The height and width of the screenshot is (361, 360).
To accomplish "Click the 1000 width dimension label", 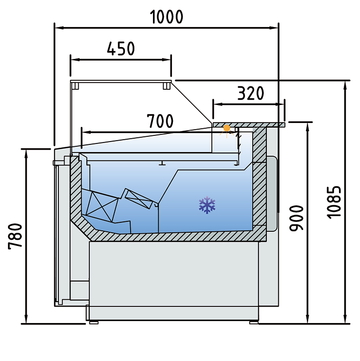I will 166,17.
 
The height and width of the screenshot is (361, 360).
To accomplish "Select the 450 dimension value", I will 121,48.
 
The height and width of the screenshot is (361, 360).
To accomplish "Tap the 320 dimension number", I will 250,94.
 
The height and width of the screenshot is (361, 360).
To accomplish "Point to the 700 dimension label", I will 160,122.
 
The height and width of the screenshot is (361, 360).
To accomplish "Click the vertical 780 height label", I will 15,236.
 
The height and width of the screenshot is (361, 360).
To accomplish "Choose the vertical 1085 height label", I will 334,201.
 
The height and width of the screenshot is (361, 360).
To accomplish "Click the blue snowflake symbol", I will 207,205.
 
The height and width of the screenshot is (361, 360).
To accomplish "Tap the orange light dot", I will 227,128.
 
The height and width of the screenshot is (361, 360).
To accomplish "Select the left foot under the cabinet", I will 94,322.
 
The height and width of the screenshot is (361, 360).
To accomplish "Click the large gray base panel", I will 173,274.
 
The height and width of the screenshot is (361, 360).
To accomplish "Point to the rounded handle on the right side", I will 273,192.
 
